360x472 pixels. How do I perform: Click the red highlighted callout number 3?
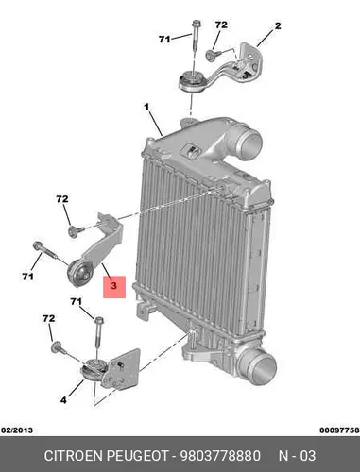[113, 286]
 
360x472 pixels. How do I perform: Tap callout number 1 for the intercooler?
[146, 108]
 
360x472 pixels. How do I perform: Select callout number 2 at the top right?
[278, 25]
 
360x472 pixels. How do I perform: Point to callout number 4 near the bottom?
[63, 400]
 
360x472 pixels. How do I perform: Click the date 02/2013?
[17, 430]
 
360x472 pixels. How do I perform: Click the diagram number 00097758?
[339, 430]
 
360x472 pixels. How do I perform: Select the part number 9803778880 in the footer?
[220, 456]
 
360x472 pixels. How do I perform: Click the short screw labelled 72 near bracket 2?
[212, 55]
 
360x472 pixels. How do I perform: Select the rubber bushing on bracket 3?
[79, 274]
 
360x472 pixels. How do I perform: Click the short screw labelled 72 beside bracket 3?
[75, 230]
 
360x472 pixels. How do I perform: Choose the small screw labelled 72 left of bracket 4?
[58, 347]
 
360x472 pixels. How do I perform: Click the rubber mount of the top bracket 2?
[192, 81]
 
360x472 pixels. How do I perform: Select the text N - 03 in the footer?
[297, 456]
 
